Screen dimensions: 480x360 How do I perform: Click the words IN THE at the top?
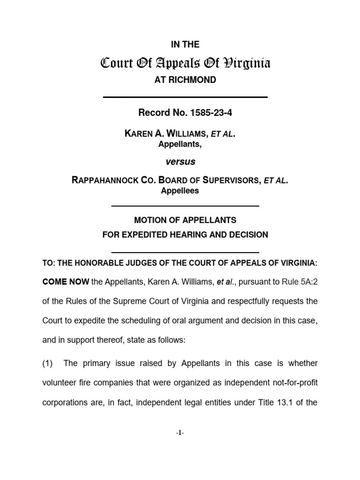[x=185, y=45]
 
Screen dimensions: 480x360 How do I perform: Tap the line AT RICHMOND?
[x=185, y=80]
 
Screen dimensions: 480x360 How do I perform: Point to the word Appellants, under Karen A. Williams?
[x=180, y=144]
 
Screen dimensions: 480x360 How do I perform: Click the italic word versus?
[x=180, y=162]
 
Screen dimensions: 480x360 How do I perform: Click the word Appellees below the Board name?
[x=180, y=191]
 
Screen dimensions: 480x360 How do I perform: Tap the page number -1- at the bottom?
[x=180, y=433]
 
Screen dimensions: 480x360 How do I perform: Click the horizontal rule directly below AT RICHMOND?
[x=185, y=97]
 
